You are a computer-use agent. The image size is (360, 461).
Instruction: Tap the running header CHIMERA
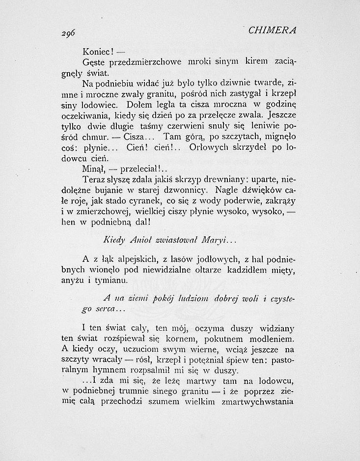tap(272, 30)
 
